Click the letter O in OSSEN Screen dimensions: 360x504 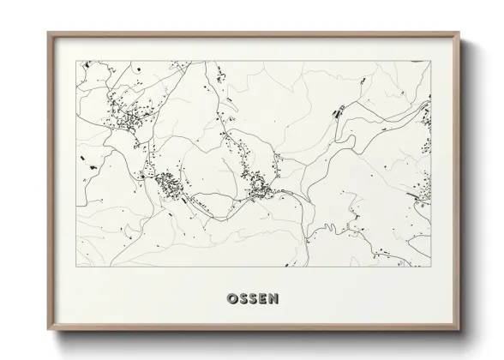click(231, 299)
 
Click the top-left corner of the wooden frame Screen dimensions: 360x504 click(48, 33)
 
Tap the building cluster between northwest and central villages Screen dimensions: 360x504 click(167, 183)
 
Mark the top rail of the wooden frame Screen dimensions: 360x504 click(253, 34)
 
